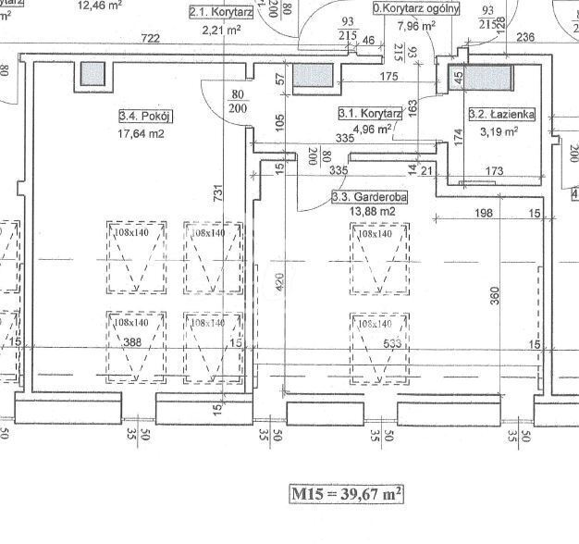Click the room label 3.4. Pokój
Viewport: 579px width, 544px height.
coord(146,117)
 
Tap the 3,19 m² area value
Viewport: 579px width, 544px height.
coord(499,131)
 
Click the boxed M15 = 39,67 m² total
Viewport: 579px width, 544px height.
coord(346,494)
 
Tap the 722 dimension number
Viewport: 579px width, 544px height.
coord(151,38)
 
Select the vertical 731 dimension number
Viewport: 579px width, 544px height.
coord(218,193)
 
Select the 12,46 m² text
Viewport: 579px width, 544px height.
coord(102,5)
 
